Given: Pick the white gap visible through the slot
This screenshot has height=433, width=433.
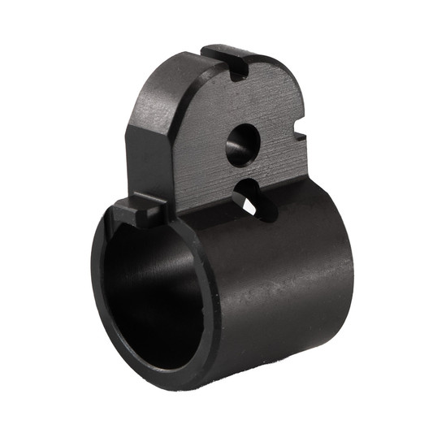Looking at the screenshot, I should coord(249,206).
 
